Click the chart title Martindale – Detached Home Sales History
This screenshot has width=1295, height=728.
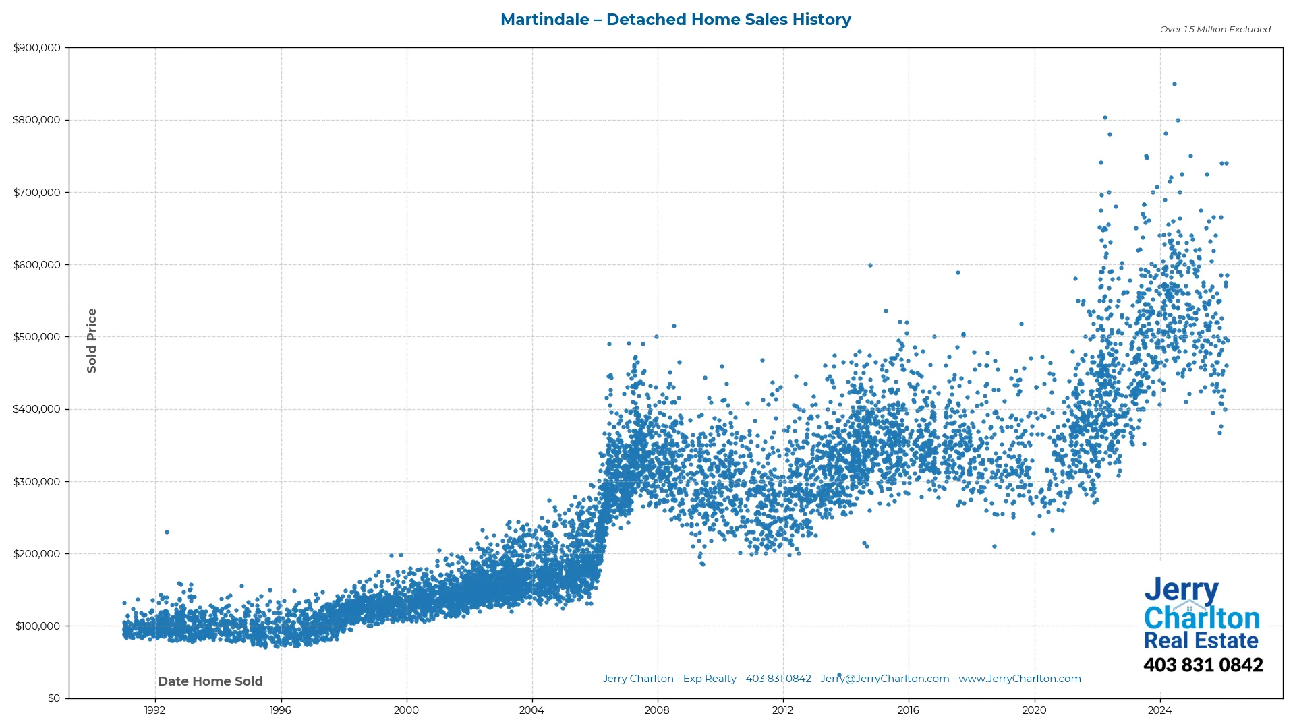pos(675,20)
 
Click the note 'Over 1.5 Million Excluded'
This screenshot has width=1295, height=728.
pos(1215,29)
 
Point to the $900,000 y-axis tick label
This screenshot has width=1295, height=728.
pos(36,48)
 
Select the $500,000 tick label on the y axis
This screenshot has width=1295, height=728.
pos(36,337)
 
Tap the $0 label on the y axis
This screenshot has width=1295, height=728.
pos(53,698)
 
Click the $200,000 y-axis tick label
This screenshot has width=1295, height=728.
pos(36,554)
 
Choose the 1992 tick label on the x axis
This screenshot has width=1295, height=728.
pos(154,710)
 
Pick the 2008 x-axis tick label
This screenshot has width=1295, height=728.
pos(657,710)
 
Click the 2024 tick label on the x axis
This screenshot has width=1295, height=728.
pos(1159,710)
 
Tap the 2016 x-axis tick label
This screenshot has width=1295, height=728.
pos(908,710)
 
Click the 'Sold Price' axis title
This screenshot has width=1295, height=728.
pos(92,340)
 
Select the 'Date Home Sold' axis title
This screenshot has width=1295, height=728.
pos(210,681)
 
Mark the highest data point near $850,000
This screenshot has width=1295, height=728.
pos(1174,84)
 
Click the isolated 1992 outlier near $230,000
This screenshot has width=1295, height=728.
pos(167,533)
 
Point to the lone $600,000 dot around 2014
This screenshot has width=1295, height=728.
pos(870,266)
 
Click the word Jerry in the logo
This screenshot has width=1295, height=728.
pos(1181,590)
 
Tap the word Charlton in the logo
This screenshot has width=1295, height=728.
pos(1201,618)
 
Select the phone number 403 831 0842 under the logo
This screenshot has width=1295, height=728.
pos(1203,665)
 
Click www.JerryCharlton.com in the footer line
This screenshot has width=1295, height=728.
pos(1019,679)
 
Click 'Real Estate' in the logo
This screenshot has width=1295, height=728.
pos(1201,640)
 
